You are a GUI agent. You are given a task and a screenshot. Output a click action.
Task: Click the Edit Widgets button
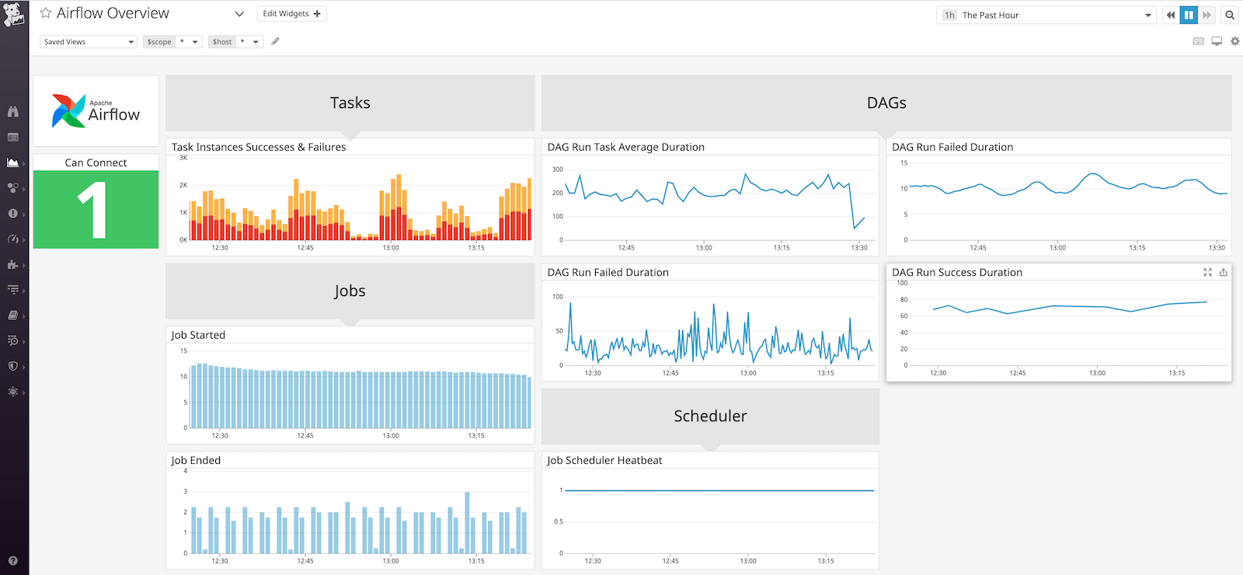point(291,14)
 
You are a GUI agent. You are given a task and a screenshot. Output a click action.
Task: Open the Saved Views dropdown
point(88,42)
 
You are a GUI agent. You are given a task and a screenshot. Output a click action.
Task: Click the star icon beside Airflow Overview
point(46,13)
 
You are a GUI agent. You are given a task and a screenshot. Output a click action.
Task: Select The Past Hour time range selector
point(1046,15)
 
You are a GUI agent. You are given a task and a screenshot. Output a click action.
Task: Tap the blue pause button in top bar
point(1189,15)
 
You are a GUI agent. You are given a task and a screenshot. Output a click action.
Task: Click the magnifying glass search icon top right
point(1230,15)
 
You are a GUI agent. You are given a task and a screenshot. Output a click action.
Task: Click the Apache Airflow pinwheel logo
point(68,111)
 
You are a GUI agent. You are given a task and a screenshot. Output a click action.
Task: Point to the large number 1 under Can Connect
point(93,210)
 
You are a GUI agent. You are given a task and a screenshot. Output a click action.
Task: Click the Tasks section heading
point(350,103)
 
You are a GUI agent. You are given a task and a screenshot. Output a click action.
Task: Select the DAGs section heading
point(886,103)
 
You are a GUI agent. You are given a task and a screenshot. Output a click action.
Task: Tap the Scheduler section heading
point(710,416)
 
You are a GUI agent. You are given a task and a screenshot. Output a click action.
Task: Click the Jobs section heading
point(350,291)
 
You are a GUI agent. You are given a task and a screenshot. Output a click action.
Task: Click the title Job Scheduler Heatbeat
point(604,460)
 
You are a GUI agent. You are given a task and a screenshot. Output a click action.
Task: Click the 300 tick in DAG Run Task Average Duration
point(558,169)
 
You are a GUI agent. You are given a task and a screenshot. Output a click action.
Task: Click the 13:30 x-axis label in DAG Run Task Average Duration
point(858,248)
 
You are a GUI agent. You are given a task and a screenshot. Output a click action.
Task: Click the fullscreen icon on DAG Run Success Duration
point(1207,272)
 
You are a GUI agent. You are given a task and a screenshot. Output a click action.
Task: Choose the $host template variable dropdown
point(236,42)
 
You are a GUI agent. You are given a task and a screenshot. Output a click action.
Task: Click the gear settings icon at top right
point(1234,41)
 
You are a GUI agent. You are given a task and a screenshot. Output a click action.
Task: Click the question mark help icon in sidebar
point(13,560)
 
